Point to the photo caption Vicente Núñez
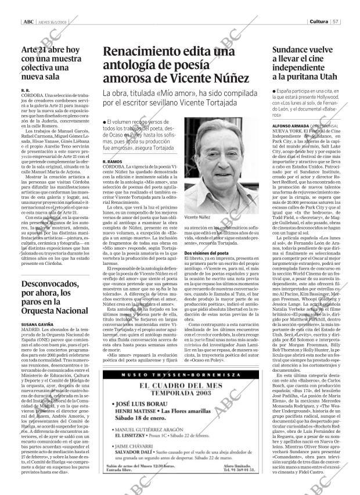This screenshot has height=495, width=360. click(x=197, y=217)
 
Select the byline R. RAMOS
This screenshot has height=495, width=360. click(x=112, y=160)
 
